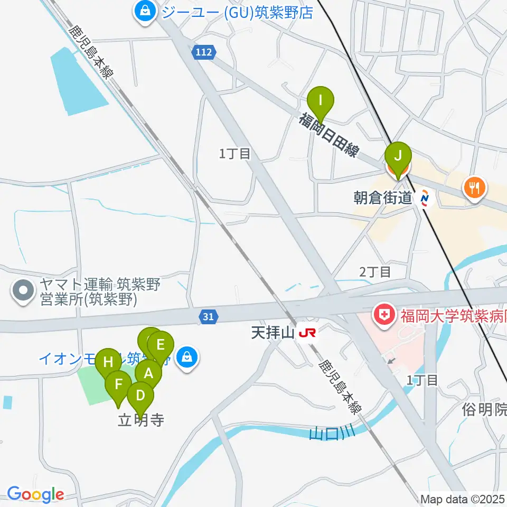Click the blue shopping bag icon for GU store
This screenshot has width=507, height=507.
point(144,11)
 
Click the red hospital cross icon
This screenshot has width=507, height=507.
point(383,316)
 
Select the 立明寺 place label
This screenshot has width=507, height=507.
point(140,420)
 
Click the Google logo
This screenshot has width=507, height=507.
point(35,495)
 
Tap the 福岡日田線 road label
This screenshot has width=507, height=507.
point(328,135)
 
